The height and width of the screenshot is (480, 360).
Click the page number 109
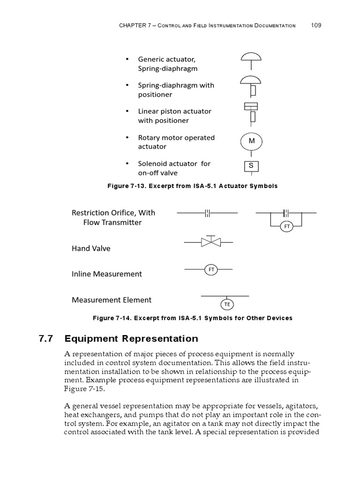[316, 25]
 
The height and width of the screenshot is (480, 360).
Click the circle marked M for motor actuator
[252, 141]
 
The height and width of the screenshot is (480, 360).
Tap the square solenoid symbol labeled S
[251, 166]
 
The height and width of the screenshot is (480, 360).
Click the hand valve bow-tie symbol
[210, 242]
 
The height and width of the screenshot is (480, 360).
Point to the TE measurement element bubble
[227, 304]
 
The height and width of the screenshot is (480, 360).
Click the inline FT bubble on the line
[211, 270]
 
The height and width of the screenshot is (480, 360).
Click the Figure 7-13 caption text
[192, 186]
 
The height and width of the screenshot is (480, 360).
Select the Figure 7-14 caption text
[192, 318]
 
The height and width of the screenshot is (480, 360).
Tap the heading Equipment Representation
[131, 338]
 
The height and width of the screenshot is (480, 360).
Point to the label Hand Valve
[91, 248]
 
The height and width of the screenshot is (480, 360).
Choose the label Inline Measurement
[106, 274]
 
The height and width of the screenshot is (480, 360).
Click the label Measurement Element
[112, 300]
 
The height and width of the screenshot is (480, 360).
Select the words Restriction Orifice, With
[113, 213]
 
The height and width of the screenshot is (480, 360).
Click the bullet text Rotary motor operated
[176, 138]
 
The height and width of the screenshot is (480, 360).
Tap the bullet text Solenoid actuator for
[174, 164]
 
